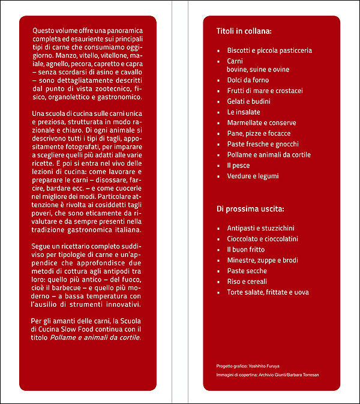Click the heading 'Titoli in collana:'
coord(244,30)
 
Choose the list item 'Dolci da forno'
coord(248,80)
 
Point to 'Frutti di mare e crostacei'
coord(265,91)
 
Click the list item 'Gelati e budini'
coord(248,101)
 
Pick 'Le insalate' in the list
coord(243,112)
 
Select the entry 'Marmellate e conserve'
coord(261,123)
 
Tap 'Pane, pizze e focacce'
coord(259,133)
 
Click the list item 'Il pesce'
coord(238,165)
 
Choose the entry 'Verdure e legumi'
coord(253,176)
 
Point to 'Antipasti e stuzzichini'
coord(260,228)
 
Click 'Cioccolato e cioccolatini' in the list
coord(263,239)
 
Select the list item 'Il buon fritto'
coord(247,250)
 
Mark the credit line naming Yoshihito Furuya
coord(248,366)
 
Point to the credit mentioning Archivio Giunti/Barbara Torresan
coord(268,375)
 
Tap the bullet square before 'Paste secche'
coord(219,271)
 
